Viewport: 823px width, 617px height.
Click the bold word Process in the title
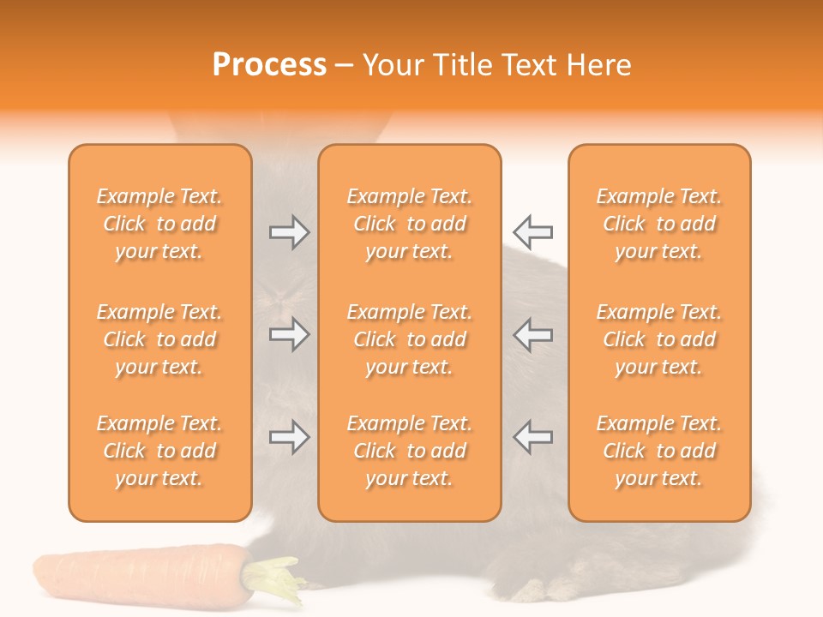[x=269, y=65]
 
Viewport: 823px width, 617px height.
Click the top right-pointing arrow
[x=289, y=232]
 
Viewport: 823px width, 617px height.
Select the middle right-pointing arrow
[x=289, y=334]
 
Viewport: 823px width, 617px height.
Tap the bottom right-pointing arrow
[x=289, y=437]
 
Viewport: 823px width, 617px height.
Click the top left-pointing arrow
[x=532, y=232]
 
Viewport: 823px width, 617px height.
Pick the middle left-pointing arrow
[x=532, y=334]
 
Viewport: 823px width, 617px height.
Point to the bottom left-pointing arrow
[x=532, y=437]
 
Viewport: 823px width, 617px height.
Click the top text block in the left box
[x=159, y=224]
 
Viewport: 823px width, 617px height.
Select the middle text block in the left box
[x=159, y=339]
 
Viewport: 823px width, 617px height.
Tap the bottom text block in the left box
[x=159, y=451]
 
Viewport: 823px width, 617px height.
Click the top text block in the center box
[x=409, y=224]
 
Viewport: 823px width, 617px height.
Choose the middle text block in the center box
[x=409, y=339]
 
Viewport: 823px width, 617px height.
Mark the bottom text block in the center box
[x=409, y=451]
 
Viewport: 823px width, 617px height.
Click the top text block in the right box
[x=659, y=224]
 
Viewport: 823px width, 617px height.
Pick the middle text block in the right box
[x=659, y=339]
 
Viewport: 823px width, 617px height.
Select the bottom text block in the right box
[x=659, y=451]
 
